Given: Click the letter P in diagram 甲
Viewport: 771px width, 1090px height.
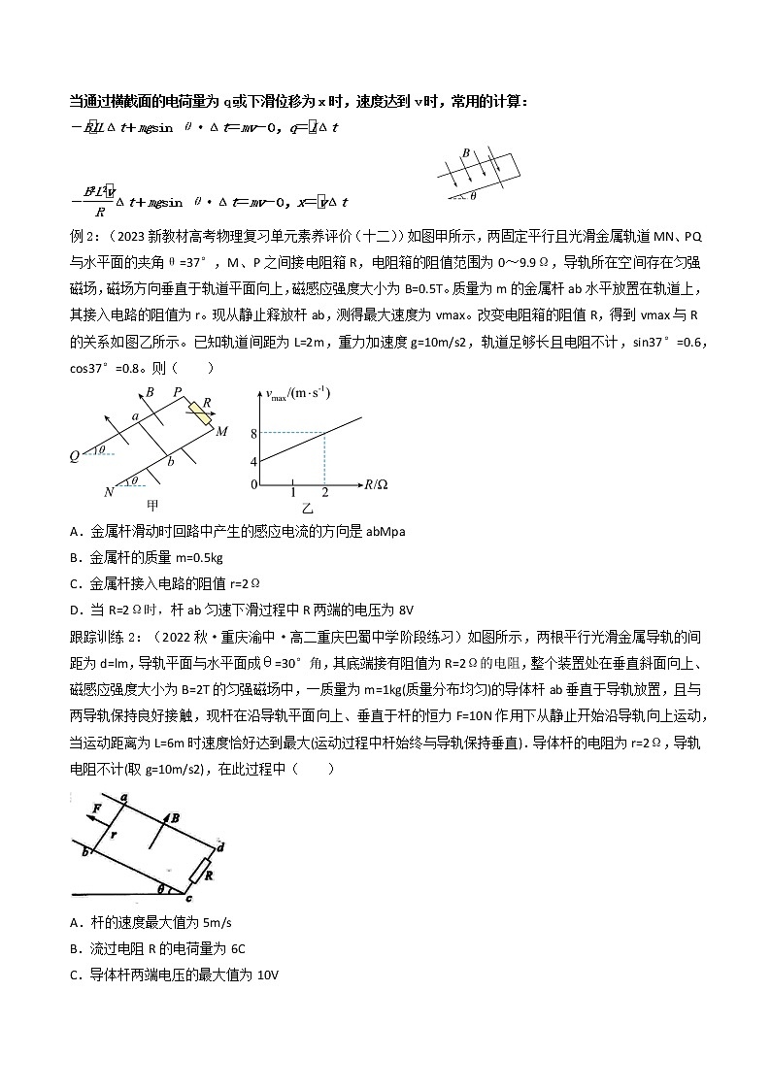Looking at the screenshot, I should (x=178, y=393).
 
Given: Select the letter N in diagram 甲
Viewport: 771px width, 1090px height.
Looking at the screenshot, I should (x=109, y=492).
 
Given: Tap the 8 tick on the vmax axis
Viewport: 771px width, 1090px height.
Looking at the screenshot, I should (x=253, y=434).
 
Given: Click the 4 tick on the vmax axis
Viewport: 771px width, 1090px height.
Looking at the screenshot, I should (x=253, y=462).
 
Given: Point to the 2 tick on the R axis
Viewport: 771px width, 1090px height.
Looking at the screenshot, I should (x=324, y=493).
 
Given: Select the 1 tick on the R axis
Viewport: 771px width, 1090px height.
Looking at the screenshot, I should (x=293, y=493).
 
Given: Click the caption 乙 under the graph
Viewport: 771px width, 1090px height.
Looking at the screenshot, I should (x=308, y=508).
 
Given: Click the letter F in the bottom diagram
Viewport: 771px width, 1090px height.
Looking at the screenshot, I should (x=96, y=808).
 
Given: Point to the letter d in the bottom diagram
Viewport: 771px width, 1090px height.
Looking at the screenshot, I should (x=221, y=846).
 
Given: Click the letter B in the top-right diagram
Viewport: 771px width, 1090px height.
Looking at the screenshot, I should (x=466, y=153).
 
